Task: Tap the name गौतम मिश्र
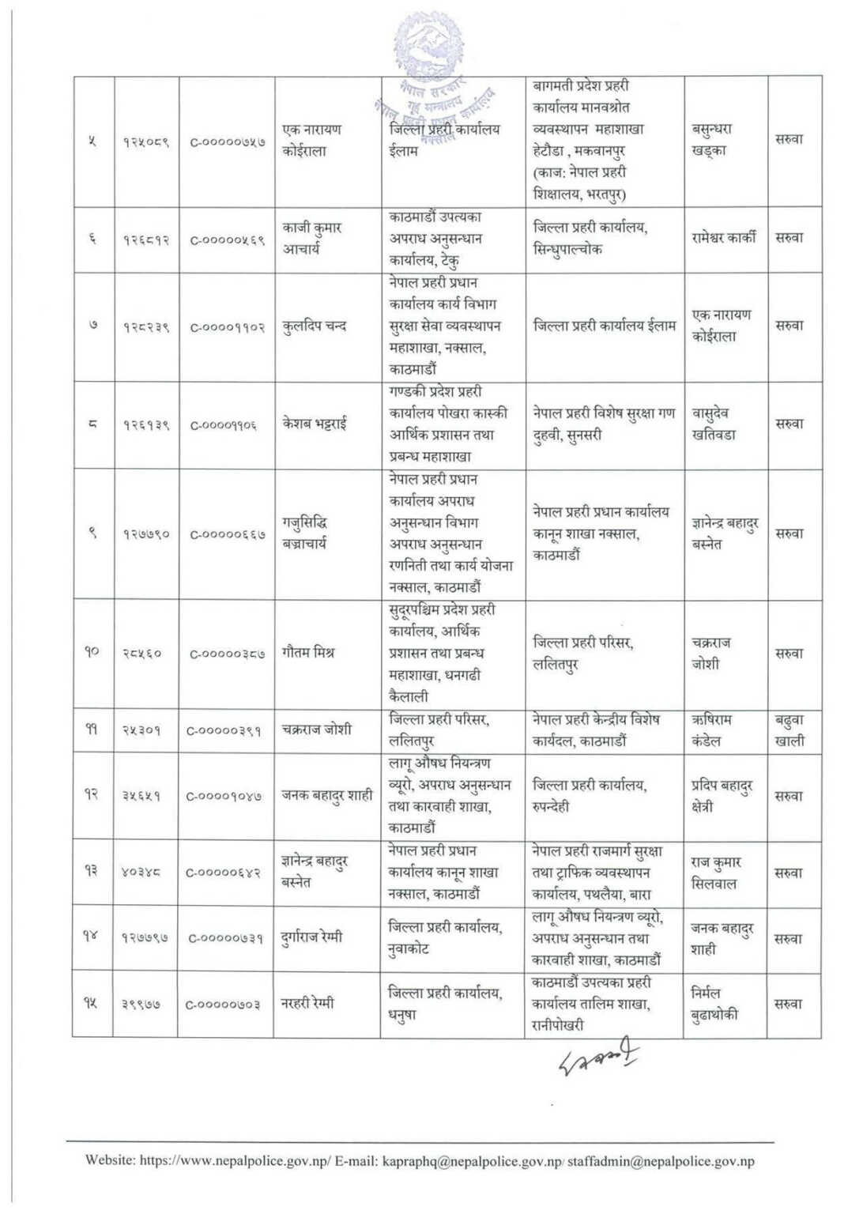[308, 654]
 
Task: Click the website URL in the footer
[232, 1161]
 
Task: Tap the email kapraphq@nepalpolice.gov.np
[472, 1161]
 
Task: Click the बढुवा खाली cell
[790, 730]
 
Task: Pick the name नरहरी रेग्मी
[307, 1004]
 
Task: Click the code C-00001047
[226, 797]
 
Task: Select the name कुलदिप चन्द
[315, 326]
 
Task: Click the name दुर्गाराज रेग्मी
[313, 939]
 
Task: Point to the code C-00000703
[226, 1005]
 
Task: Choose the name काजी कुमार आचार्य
[312, 239]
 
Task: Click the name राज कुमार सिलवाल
[716, 873]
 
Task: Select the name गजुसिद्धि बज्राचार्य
[304, 533]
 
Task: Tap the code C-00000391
[226, 730]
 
